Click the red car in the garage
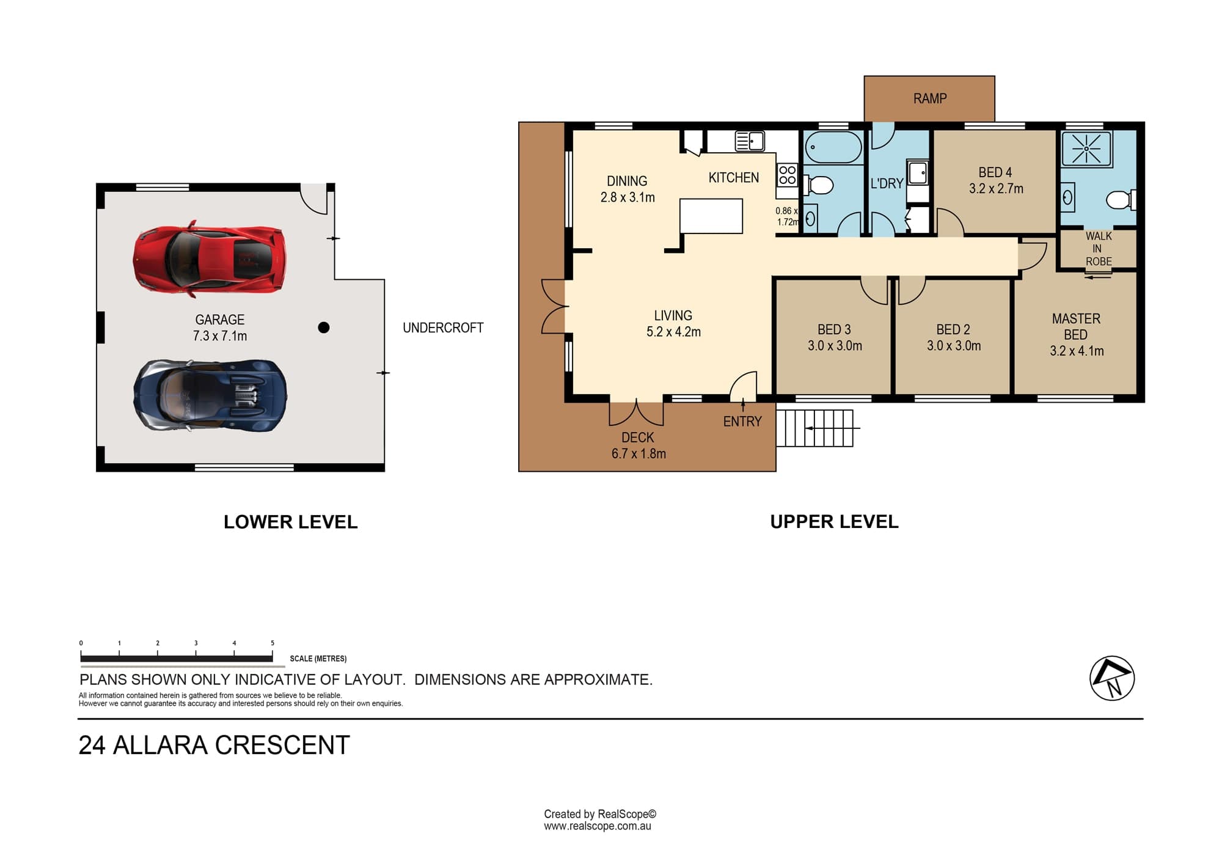pos(210,259)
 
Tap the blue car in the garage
pos(210,395)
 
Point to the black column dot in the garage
pos(324,328)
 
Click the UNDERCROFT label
pos(443,328)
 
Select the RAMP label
pos(930,98)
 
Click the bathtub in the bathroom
pos(833,147)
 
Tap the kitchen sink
pos(750,141)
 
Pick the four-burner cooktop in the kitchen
pos(788,175)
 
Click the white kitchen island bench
pos(712,216)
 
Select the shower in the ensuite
pos(1086,148)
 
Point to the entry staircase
pos(815,428)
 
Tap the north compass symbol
pos(1112,678)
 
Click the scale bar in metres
pos(177,658)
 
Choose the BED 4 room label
pos(995,172)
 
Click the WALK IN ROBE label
pos(1099,249)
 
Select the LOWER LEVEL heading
pos(290,522)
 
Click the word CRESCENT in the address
pos(283,745)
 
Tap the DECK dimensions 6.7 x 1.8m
pos(638,453)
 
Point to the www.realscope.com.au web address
pos(598,826)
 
